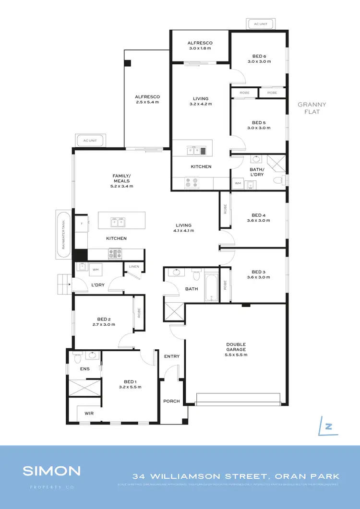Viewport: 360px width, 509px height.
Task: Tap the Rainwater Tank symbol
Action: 63,235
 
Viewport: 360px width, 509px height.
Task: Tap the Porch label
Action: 171,402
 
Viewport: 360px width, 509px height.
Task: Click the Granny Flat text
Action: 312,108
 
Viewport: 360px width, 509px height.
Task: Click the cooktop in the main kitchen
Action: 116,253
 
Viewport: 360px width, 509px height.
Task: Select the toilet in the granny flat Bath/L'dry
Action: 277,180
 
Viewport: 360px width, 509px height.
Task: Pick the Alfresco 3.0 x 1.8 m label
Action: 200,46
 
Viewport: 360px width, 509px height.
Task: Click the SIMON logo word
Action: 52,470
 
